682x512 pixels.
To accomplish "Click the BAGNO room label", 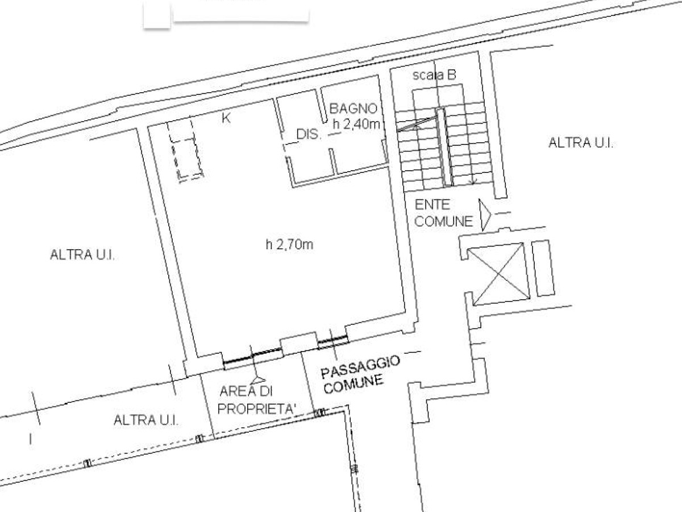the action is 354,109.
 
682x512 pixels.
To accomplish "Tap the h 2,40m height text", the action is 356,124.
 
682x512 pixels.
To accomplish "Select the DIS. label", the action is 309,134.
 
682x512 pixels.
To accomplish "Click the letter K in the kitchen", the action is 226,118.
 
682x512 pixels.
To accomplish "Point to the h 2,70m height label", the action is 290,245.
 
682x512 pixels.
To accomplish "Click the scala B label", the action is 434,75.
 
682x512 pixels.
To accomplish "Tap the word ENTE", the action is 432,205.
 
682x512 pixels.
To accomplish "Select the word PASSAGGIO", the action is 360,367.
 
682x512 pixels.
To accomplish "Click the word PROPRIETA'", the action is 257,409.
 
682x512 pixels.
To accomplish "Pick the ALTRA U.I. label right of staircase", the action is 581,143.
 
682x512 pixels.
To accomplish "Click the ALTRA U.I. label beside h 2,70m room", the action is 82,255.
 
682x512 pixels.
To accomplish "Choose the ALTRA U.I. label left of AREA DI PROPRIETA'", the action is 146,420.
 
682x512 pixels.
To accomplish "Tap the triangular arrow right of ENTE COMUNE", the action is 485,214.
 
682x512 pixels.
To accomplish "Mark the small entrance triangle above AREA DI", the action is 258,379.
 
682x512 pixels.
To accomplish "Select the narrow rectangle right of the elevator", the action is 543,268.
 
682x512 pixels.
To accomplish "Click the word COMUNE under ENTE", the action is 444,221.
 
